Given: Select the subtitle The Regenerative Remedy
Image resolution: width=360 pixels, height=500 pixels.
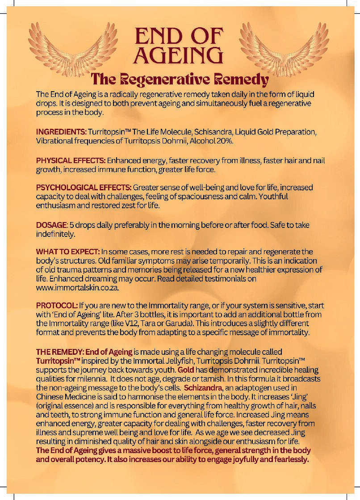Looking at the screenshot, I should pos(180,80).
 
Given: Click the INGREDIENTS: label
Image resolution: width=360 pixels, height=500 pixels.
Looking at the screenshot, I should pos(61,132).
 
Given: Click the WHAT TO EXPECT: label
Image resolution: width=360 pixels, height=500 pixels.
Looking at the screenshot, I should pos(68,252).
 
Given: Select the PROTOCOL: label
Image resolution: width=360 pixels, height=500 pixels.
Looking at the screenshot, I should pos(57,306).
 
